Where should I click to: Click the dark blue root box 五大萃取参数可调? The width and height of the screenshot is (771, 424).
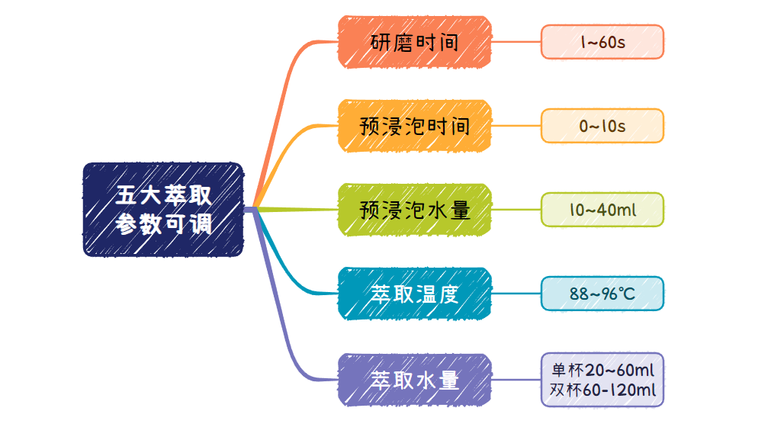[x=163, y=210]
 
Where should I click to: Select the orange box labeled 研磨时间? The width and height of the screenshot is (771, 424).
[x=415, y=42]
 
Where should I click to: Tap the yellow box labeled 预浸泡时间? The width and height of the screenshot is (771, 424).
[x=415, y=126]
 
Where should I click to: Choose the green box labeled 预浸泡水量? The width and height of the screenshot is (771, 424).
[x=415, y=210]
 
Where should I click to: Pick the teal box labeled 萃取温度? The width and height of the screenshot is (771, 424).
[x=415, y=294]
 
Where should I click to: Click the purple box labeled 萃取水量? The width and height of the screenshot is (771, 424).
[x=415, y=380]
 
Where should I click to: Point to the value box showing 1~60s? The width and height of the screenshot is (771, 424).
[x=602, y=42]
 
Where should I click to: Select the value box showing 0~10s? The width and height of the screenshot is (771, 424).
[x=602, y=126]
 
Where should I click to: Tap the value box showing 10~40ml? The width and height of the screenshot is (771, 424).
[x=602, y=210]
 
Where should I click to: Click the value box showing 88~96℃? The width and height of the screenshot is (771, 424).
[x=602, y=294]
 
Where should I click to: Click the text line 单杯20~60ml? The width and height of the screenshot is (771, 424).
[x=602, y=370]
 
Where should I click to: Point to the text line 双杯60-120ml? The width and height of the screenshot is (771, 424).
[x=602, y=390]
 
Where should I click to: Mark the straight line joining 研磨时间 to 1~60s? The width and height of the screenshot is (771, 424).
[x=516, y=42]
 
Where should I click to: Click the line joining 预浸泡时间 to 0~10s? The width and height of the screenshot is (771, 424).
[x=516, y=126]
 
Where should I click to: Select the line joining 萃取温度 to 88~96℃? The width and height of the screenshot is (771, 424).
[x=516, y=294]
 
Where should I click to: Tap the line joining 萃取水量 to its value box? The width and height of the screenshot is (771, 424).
[x=516, y=380]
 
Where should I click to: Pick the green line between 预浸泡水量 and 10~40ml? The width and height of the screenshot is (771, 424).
[x=516, y=210]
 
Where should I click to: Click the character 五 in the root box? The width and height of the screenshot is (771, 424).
[x=125, y=194]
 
